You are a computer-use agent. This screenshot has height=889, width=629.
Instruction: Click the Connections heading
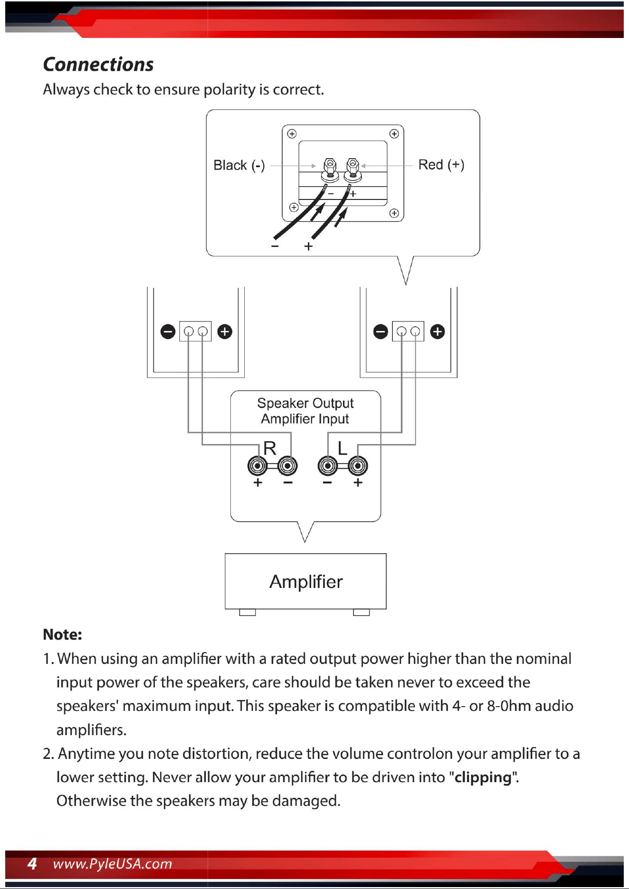pos(98,64)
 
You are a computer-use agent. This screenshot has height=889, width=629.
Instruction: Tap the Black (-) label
pos(239,165)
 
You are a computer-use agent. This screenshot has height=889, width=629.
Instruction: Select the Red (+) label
pos(441,165)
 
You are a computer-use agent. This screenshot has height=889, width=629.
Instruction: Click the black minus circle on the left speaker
pos(168,331)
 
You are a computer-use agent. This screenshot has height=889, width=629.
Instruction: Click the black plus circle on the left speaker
pos(225,331)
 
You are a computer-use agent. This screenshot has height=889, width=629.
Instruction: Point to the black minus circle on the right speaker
pos(381,331)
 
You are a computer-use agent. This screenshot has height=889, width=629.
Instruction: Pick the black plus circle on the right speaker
pos(438,331)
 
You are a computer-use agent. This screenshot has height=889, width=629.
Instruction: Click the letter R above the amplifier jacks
pos(270,448)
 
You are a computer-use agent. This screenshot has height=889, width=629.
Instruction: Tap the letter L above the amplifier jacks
pos(342,448)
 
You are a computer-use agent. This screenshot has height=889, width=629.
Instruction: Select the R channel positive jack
pos(257,466)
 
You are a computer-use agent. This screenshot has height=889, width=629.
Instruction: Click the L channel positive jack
pos(358,466)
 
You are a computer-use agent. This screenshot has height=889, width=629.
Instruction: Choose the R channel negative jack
pos(287,466)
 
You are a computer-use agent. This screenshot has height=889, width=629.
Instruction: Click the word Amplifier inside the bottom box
pos(306,581)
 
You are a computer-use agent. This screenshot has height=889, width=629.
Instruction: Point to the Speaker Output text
pos(305,403)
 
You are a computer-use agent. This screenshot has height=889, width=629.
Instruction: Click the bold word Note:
pos(62,634)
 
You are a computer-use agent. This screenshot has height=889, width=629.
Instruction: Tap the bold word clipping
pos(483,777)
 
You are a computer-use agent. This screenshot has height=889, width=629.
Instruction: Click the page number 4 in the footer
pos(32,863)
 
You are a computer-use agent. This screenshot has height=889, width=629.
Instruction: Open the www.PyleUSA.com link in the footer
pos(113,864)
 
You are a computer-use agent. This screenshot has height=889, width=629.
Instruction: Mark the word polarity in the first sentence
pos(229,90)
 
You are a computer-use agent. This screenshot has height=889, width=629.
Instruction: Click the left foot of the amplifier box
pos(248,612)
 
